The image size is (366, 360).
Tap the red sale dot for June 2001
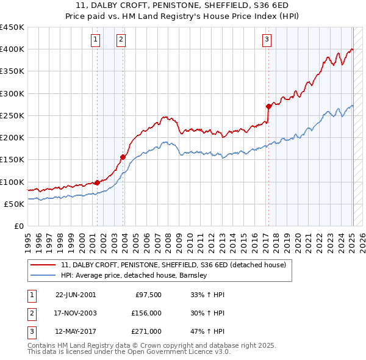pos(97,182)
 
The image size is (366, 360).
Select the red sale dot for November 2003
pos(123,157)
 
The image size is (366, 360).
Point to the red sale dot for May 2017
pos(268,106)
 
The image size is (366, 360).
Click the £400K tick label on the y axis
pos(12,49)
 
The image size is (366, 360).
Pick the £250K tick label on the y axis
pos(12,116)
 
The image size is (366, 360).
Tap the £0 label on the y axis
pos(18,226)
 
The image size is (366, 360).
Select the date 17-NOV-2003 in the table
pos(76,313)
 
